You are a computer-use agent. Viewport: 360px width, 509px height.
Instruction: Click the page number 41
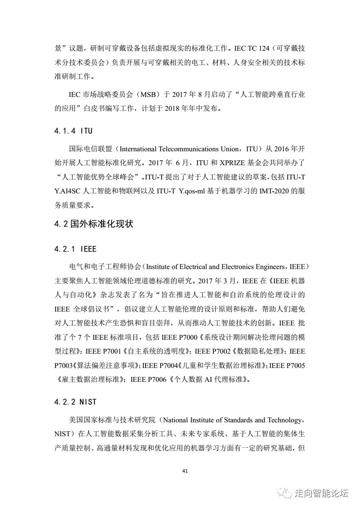pyautogui.click(x=185, y=471)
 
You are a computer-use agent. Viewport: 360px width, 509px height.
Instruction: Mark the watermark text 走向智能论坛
pyautogui.click(x=321, y=493)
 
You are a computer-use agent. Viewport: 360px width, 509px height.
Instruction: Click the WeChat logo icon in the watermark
pyautogui.click(x=284, y=493)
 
